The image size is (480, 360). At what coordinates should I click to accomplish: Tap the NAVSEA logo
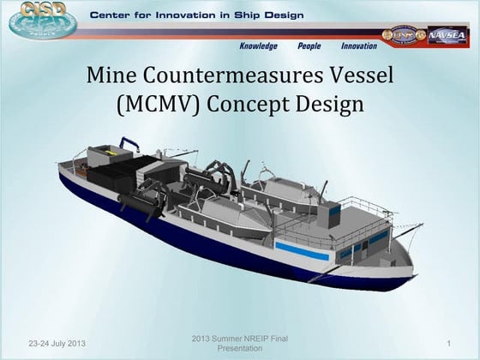(447, 35)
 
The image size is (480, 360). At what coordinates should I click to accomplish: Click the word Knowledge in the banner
(258, 46)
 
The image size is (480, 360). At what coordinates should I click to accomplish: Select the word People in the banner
(309, 46)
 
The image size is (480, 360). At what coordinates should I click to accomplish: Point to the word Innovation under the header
(358, 46)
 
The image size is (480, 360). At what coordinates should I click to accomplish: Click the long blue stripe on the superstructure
(301, 252)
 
